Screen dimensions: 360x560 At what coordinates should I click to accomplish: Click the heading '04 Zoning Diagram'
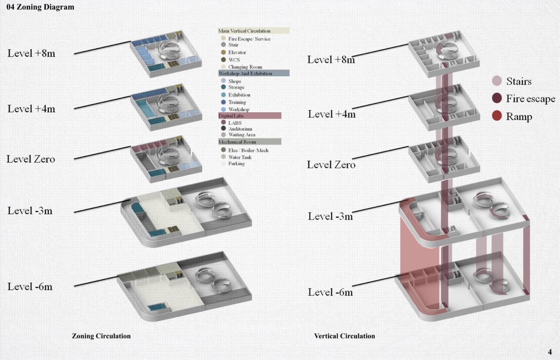(x=40, y=7)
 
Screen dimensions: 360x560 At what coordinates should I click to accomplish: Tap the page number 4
(x=549, y=352)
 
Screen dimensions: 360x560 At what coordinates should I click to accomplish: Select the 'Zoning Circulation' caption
(x=101, y=336)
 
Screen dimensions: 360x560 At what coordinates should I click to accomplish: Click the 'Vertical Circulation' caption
(x=344, y=336)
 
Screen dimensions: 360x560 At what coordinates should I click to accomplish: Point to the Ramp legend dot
(x=497, y=115)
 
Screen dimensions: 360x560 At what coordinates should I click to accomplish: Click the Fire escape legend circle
(x=497, y=98)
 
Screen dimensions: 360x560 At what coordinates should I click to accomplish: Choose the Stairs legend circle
(x=497, y=81)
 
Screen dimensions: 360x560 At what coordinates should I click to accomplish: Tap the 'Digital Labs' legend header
(x=231, y=116)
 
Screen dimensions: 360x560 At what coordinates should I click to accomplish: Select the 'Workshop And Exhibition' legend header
(x=245, y=73)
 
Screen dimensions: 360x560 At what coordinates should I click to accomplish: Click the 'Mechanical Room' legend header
(x=237, y=142)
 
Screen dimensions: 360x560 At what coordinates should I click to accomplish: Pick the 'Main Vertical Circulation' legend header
(x=244, y=31)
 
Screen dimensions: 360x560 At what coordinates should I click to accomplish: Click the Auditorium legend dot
(x=223, y=128)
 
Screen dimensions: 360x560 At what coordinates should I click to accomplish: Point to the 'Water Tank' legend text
(x=240, y=157)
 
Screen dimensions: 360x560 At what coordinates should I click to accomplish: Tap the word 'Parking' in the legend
(x=236, y=163)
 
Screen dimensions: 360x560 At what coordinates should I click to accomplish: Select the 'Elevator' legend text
(x=237, y=52)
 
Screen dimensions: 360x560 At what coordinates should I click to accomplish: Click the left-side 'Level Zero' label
(x=31, y=159)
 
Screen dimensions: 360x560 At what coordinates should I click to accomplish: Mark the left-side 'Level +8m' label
(x=31, y=53)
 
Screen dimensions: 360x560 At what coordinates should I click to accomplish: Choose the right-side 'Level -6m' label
(x=330, y=292)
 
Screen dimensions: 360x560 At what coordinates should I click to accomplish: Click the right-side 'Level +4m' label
(x=331, y=114)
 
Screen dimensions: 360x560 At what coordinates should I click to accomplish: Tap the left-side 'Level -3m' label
(x=30, y=211)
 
